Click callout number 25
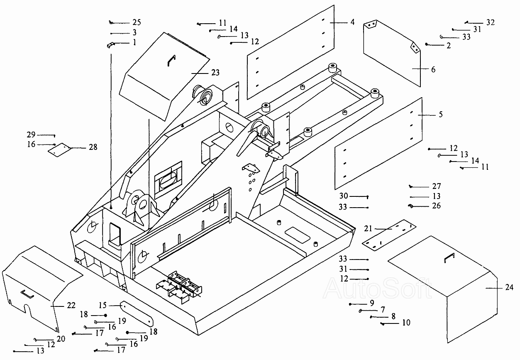click(137, 22)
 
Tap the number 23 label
click(215, 73)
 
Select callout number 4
click(352, 22)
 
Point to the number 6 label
click(433, 69)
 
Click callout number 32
click(491, 22)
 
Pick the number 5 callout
click(441, 114)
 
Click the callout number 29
click(31, 135)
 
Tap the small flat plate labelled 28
click(60, 150)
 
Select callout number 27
click(437, 186)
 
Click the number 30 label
click(344, 196)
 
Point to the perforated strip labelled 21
click(389, 235)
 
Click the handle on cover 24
click(449, 257)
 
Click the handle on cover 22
click(27, 294)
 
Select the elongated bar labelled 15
click(137, 314)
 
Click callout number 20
click(61, 339)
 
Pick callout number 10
click(406, 323)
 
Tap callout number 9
click(372, 303)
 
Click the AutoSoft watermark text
click(377, 289)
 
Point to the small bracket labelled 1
click(110, 45)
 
